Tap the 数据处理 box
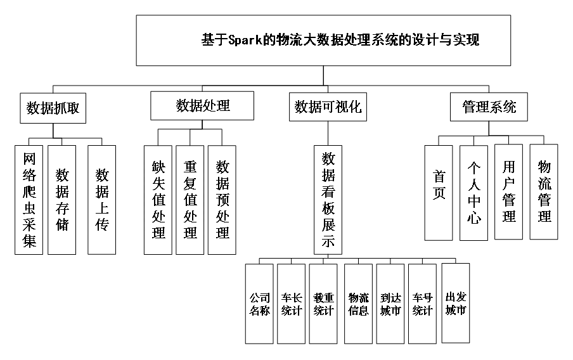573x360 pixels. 202,106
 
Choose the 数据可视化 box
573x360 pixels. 328,107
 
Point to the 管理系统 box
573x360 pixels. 489,106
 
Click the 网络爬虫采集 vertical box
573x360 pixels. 29,200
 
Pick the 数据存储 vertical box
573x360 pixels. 62,200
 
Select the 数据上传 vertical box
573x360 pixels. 102,200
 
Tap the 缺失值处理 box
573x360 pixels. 158,200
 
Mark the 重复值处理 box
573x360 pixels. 190,200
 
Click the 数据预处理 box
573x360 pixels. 222,200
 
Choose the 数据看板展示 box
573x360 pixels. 328,200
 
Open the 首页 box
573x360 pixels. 439,193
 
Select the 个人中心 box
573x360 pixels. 474,193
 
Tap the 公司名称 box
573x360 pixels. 259,304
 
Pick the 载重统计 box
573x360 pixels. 323,304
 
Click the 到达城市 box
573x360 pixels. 390,304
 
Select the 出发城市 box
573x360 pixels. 456,303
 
